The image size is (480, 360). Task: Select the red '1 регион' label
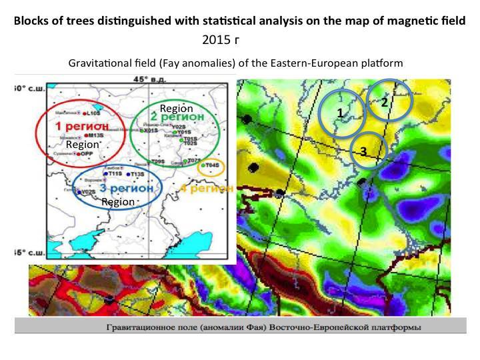(x=79, y=126)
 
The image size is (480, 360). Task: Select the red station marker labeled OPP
(x=78, y=154)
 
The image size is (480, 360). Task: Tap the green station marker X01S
(x=145, y=131)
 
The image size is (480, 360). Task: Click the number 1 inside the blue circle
(x=340, y=113)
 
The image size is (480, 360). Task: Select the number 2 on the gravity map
(x=385, y=103)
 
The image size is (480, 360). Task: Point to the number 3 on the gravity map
(x=363, y=151)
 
